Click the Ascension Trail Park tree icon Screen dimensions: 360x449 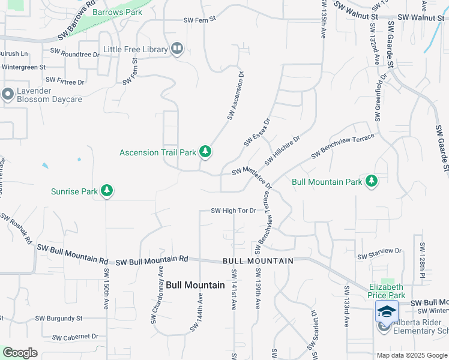click(205, 152)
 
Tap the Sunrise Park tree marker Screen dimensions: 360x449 click(107, 192)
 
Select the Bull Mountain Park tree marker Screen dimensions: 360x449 click(371, 181)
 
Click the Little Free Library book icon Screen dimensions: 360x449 click(176, 49)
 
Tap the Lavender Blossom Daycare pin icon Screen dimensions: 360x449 click(8, 94)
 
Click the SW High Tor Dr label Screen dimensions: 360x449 click(234, 211)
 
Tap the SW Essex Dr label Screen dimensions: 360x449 click(258, 132)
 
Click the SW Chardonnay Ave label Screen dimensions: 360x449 click(157, 296)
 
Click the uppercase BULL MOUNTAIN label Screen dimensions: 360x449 click(258, 261)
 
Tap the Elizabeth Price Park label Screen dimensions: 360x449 click(387, 291)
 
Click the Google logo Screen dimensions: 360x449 click(20, 353)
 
